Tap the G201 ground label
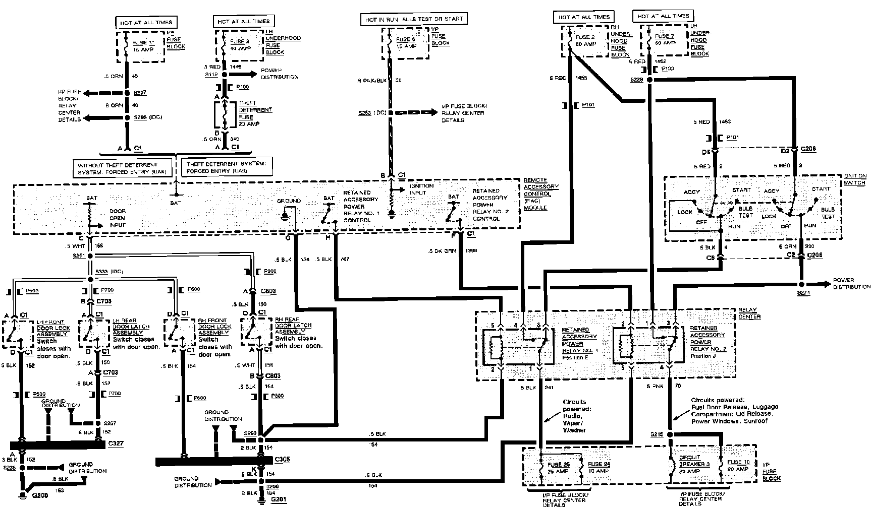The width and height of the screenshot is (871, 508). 279,500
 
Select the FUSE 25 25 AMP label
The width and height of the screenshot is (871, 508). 558,467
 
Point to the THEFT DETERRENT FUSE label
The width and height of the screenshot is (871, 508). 255,113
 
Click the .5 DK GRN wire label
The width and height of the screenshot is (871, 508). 438,250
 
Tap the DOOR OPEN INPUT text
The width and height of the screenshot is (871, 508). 118,218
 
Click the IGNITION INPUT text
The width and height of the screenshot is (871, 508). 421,189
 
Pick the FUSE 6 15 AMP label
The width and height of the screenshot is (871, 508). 406,43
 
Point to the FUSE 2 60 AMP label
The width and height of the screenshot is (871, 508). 585,40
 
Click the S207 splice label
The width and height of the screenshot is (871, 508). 140,93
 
